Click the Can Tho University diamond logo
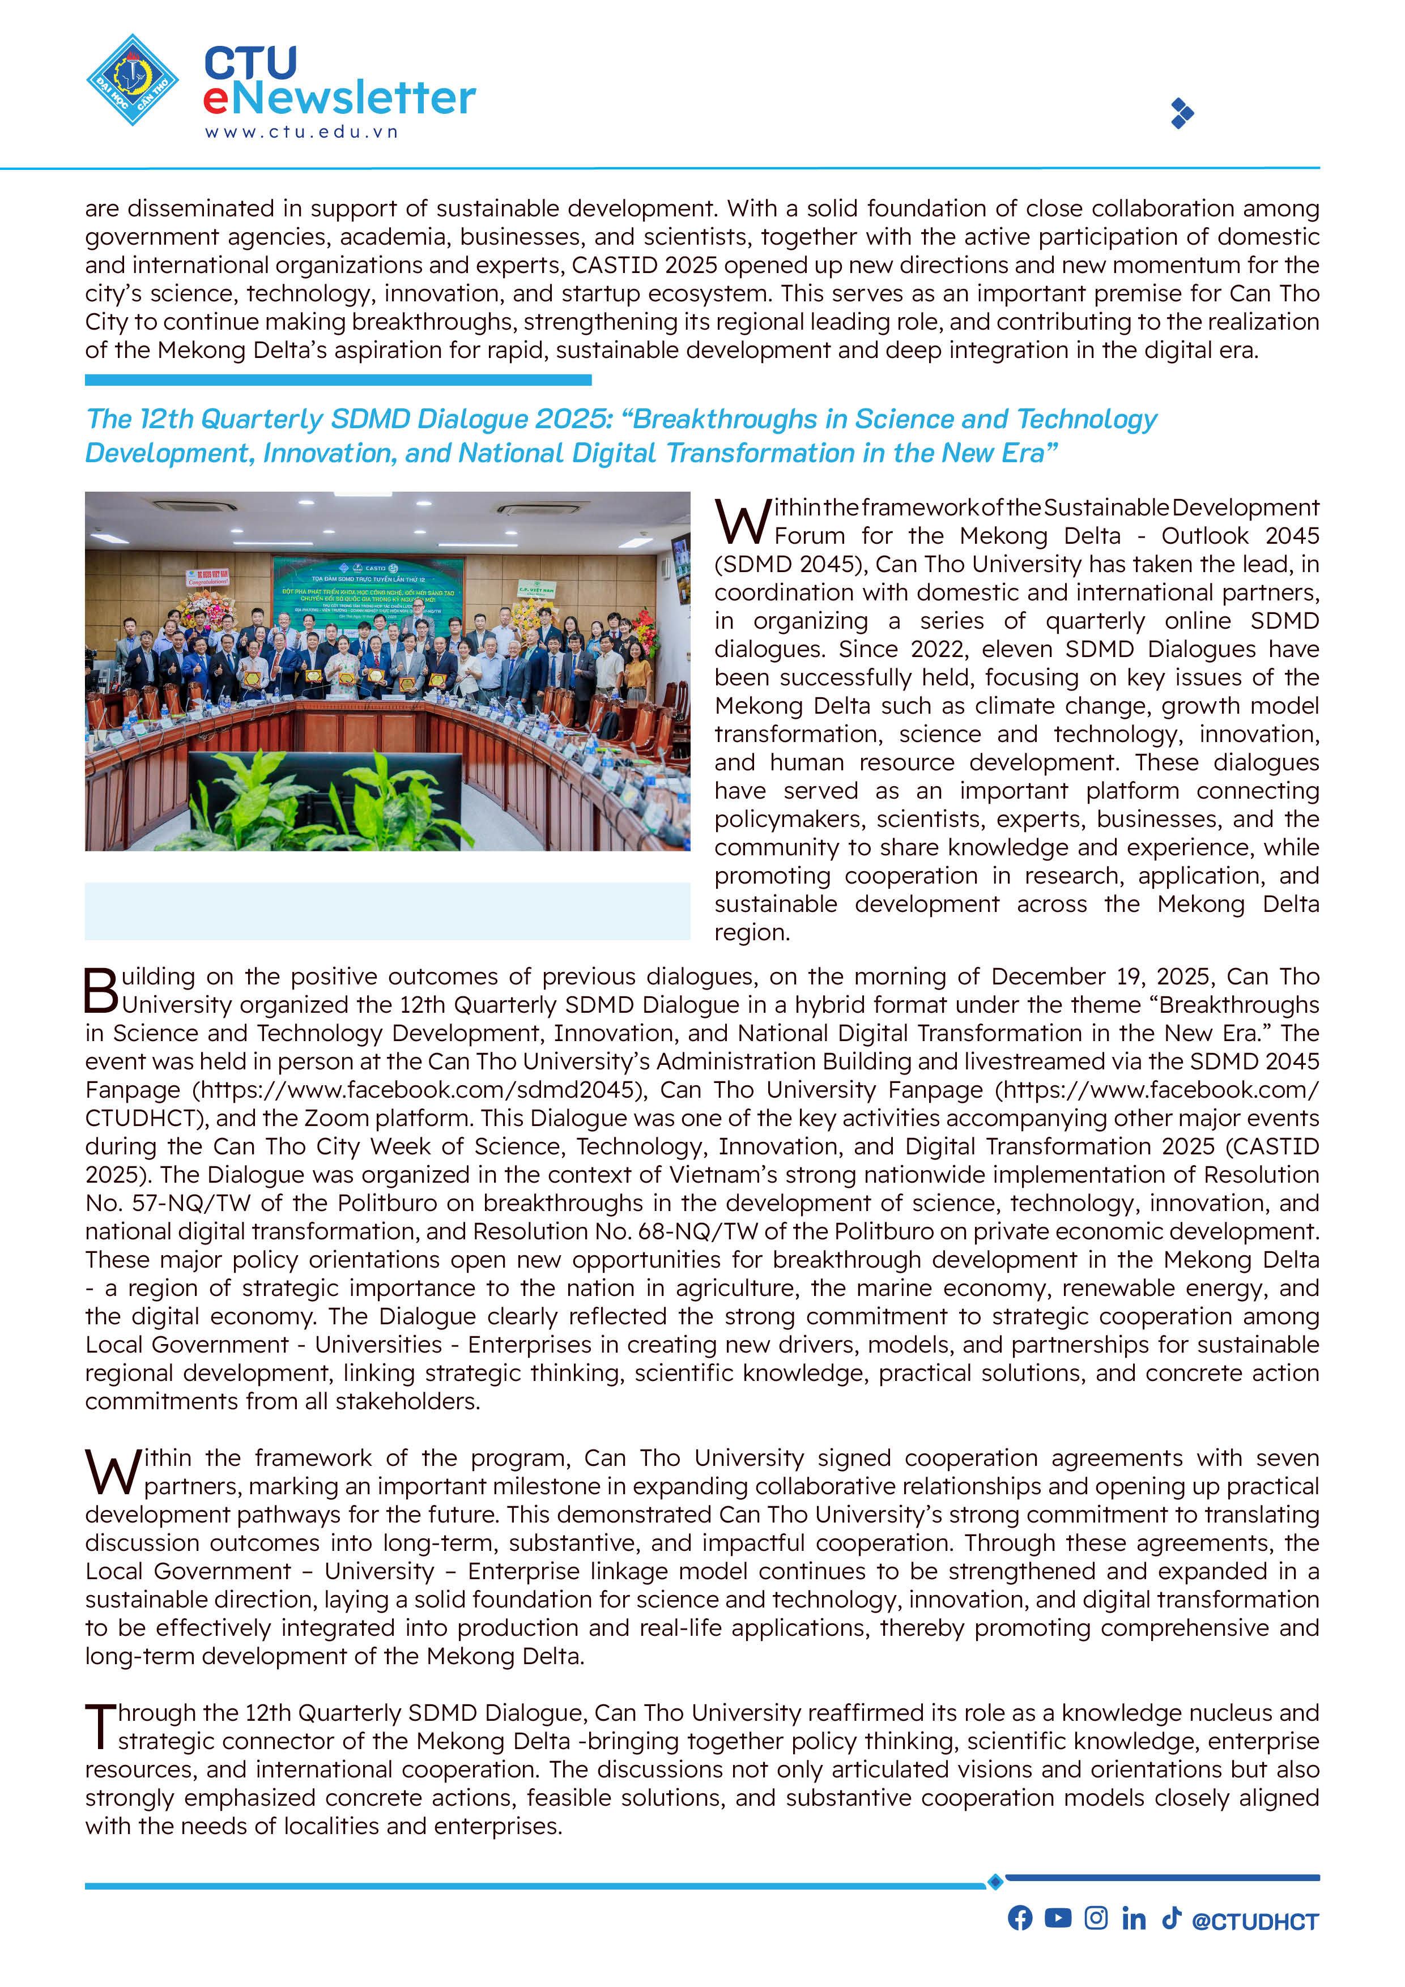click(133, 80)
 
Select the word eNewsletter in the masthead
click(339, 98)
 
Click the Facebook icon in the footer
click(1020, 1918)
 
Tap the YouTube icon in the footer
click(1057, 1918)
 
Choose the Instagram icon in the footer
click(1095, 1918)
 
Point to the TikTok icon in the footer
click(1170, 1918)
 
